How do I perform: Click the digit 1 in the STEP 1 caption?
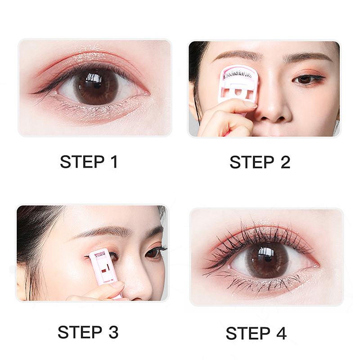point(114,162)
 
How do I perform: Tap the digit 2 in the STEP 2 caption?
point(285,162)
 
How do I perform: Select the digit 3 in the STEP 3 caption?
point(113,332)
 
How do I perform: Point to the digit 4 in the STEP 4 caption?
point(282,333)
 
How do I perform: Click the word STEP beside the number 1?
point(82,162)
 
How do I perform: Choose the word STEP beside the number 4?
point(248,333)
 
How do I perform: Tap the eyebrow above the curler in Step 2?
point(239,55)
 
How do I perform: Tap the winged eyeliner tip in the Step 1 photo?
point(32,93)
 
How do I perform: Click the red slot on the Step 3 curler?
point(105,270)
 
